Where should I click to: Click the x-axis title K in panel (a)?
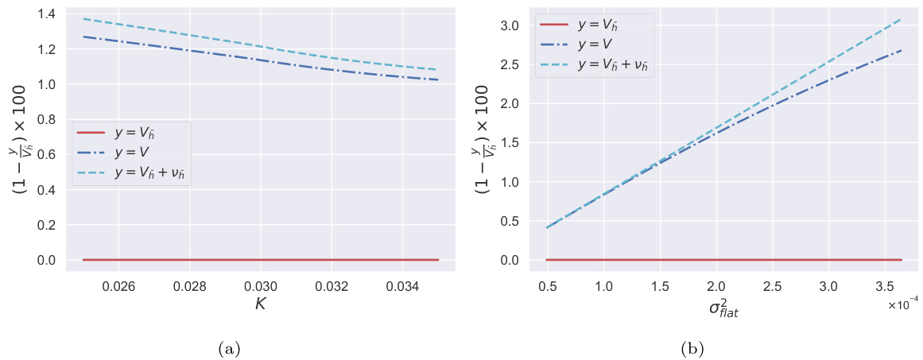pyautogui.click(x=260, y=303)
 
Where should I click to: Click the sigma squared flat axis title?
pyautogui.click(x=723, y=307)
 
